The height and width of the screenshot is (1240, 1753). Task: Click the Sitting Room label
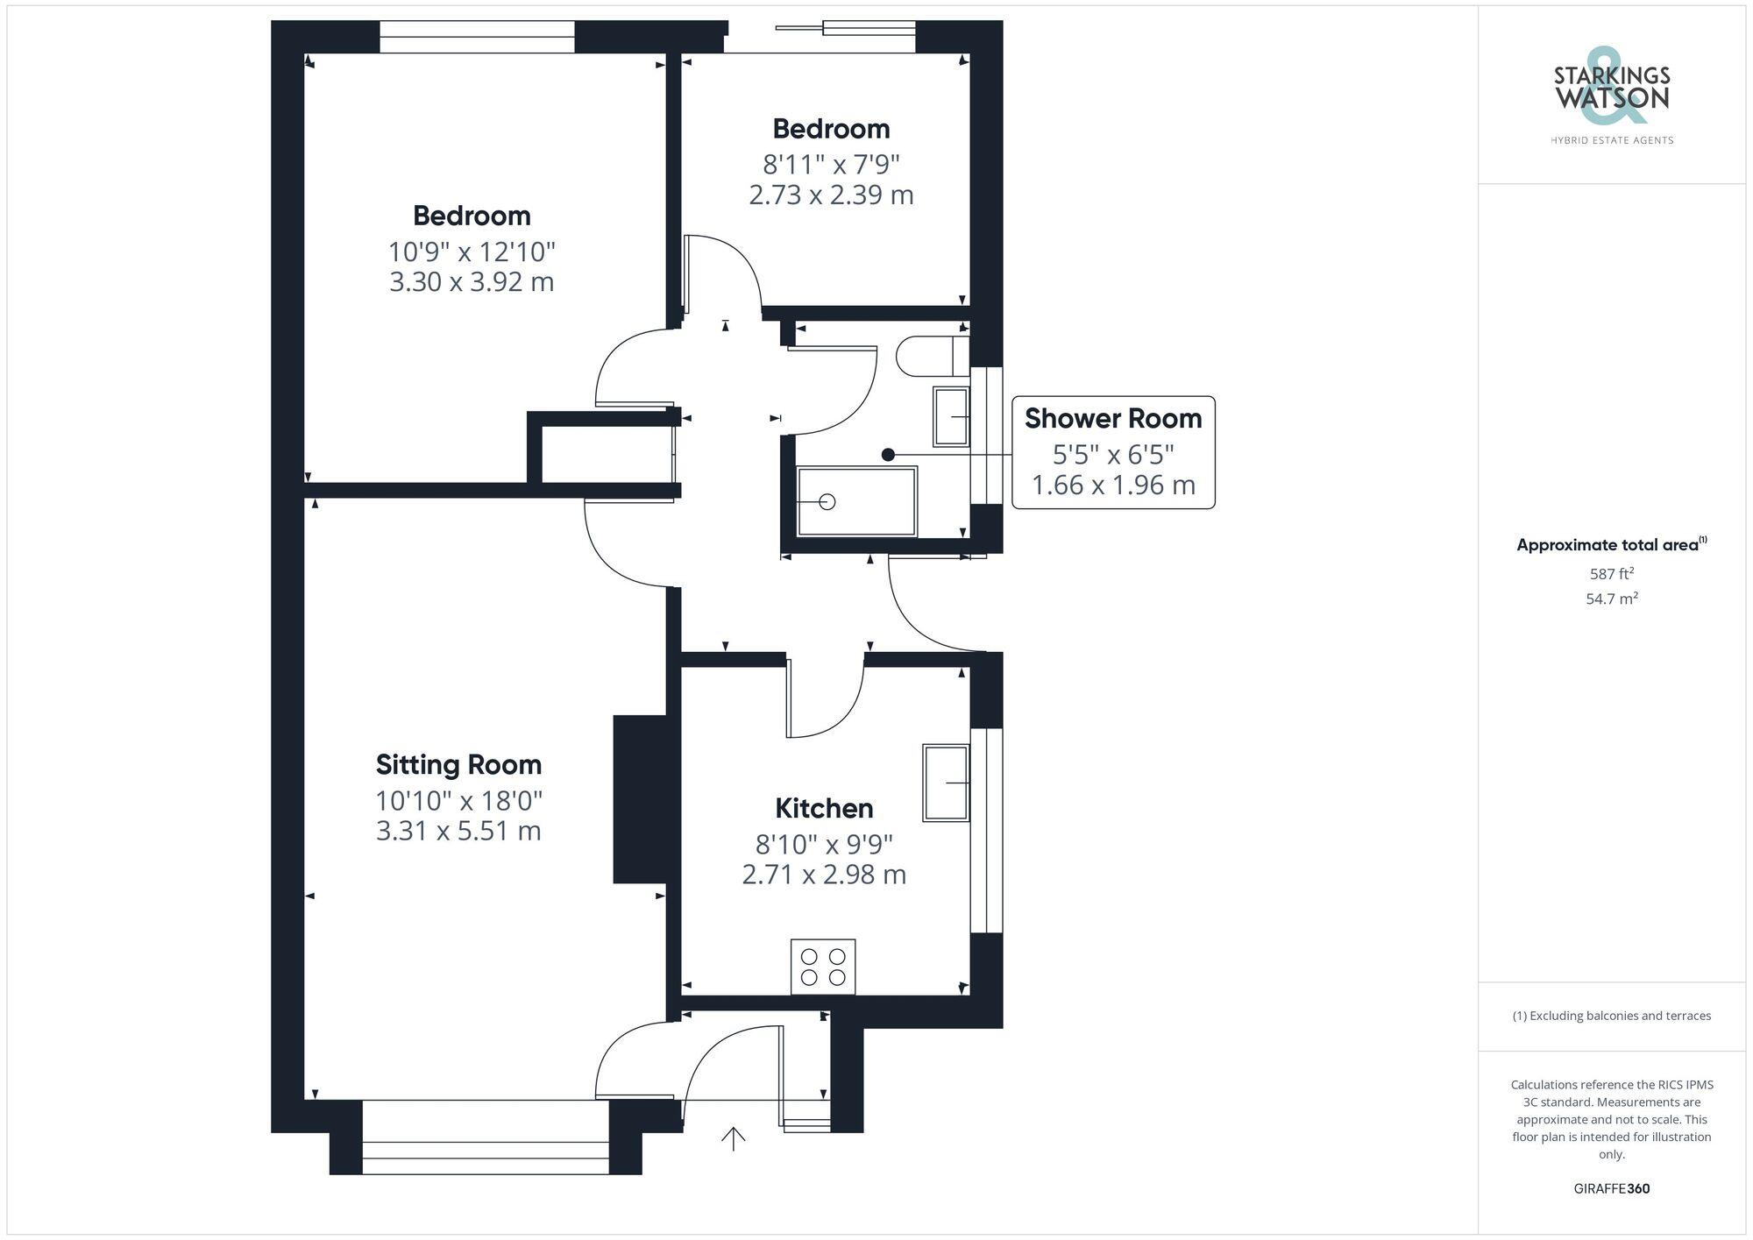pos(458,765)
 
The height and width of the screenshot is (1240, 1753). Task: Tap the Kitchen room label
pos(824,808)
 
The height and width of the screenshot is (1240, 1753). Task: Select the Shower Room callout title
pos(1113,419)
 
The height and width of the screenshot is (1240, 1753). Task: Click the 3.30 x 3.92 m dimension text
pos(472,282)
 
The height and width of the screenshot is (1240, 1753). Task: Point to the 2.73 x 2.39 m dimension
pos(831,195)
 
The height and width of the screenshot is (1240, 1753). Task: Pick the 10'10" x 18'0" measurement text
pos(459,800)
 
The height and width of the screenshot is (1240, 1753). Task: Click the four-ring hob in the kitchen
pos(823,967)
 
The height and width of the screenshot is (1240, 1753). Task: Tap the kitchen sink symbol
pos(946,783)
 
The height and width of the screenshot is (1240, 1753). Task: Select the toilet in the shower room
pos(929,356)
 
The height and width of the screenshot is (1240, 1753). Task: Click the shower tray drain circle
pos(827,501)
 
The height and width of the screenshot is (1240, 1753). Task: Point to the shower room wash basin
pos(951,416)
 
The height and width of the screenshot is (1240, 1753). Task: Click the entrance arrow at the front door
pos(733,1138)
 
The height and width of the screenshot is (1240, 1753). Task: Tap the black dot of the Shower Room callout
pos(888,455)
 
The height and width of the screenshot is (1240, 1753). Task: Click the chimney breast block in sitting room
pos(641,799)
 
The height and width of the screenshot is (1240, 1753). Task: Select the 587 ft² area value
pos(1611,574)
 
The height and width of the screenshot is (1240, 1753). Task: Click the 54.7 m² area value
pos(1611,599)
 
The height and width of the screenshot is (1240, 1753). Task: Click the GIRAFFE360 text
pos(1611,1189)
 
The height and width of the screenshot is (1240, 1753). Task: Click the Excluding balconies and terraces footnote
pos(1611,1016)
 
